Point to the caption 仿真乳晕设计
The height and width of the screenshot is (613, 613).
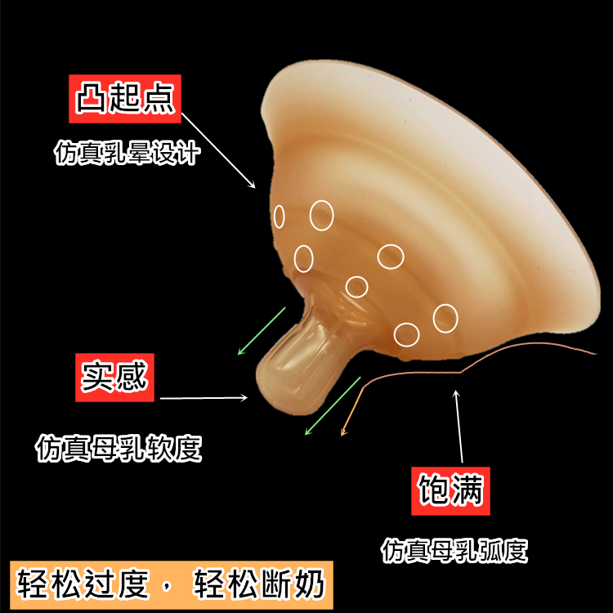(x=127, y=153)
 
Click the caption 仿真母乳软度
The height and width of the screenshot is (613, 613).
(x=119, y=448)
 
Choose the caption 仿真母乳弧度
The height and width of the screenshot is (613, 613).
(x=454, y=549)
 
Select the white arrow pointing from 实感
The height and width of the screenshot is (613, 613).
(x=204, y=399)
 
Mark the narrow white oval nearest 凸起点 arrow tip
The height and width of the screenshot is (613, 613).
(x=279, y=217)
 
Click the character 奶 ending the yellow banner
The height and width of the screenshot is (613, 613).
(x=311, y=584)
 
